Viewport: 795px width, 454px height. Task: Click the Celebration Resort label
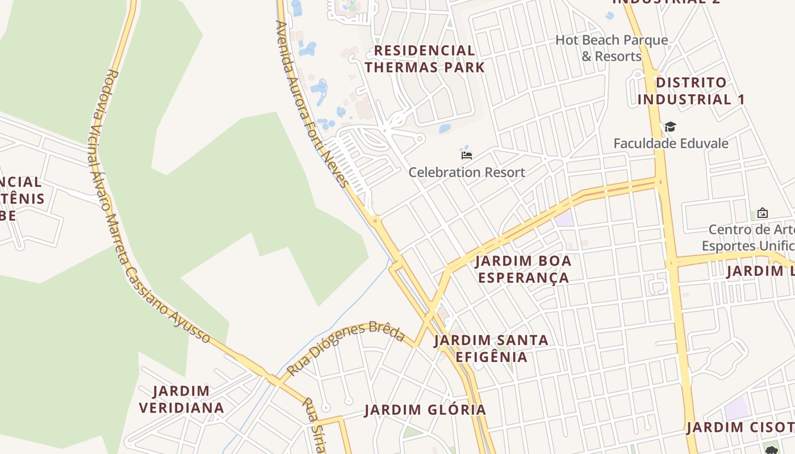[x=467, y=172]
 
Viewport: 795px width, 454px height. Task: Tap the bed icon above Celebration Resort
[x=467, y=155]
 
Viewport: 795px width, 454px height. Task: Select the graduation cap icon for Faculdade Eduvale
[x=671, y=127]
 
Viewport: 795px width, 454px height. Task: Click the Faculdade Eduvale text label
[x=671, y=144]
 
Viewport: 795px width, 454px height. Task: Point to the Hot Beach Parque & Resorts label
[x=612, y=48]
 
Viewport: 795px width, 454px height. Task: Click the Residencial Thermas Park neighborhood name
[x=425, y=59]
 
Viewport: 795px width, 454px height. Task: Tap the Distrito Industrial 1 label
[x=691, y=91]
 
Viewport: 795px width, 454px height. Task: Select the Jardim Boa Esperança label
[x=523, y=269]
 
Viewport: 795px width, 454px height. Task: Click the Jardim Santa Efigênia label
[x=491, y=348]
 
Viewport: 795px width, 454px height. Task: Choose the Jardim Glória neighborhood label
[x=425, y=410]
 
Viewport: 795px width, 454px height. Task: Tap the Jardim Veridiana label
[x=182, y=399]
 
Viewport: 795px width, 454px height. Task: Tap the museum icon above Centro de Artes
[x=763, y=213]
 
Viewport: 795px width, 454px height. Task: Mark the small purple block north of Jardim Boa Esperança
[x=564, y=218]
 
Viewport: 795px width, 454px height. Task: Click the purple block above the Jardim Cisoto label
[x=737, y=409]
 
